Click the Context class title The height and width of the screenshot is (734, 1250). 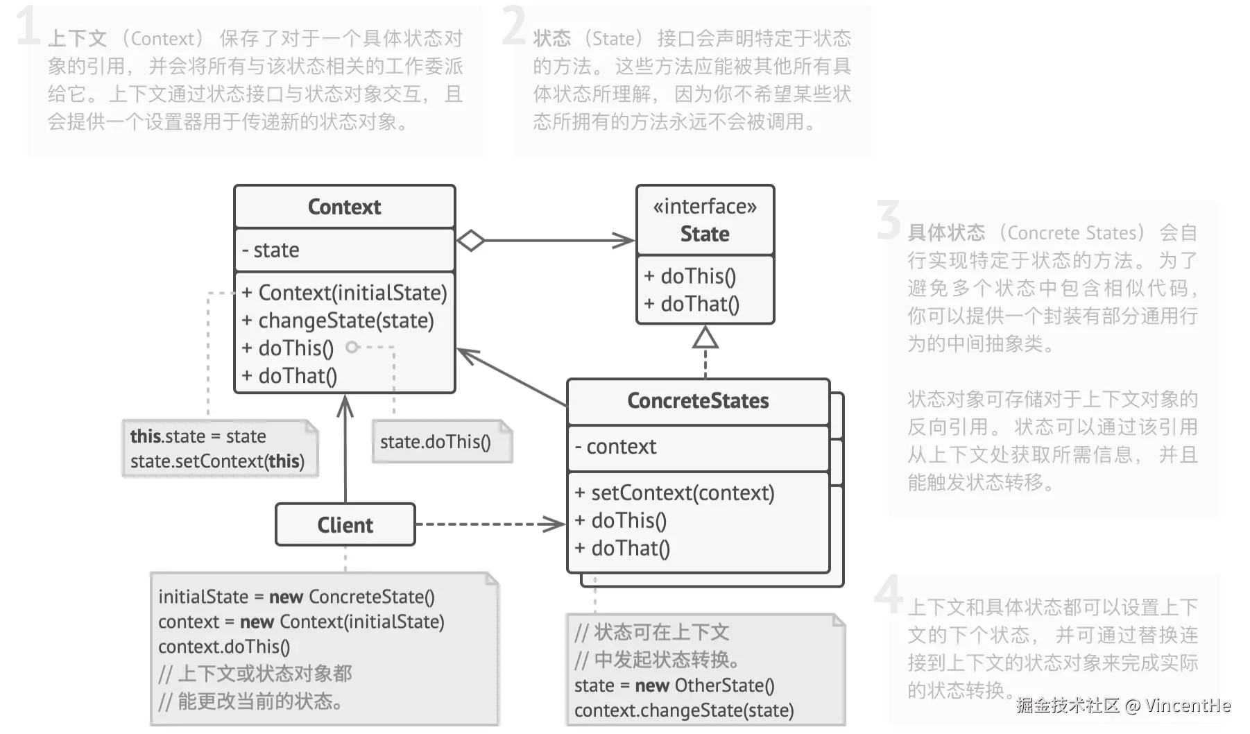click(344, 207)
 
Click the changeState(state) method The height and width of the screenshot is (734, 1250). click(338, 321)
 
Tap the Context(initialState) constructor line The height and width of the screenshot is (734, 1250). click(345, 293)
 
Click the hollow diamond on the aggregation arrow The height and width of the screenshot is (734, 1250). click(471, 241)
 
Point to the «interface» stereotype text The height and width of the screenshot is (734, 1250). click(705, 206)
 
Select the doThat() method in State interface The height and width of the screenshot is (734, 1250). click(692, 304)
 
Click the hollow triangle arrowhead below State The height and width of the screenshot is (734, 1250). click(705, 338)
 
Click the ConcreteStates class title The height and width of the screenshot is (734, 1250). click(698, 401)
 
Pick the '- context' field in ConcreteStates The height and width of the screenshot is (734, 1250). click(615, 447)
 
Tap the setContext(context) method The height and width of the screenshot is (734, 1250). click(674, 493)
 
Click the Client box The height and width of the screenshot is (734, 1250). click(345, 525)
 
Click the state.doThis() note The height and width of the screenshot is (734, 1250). click(436, 442)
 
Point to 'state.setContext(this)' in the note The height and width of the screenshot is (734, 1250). click(217, 461)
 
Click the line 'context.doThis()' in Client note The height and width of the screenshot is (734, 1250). click(224, 647)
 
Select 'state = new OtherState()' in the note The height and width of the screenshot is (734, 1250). click(674, 685)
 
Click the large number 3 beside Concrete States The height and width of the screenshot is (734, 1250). click(888, 221)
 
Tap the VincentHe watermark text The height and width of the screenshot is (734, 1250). click(1188, 706)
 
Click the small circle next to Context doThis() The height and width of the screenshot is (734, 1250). click(352, 347)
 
